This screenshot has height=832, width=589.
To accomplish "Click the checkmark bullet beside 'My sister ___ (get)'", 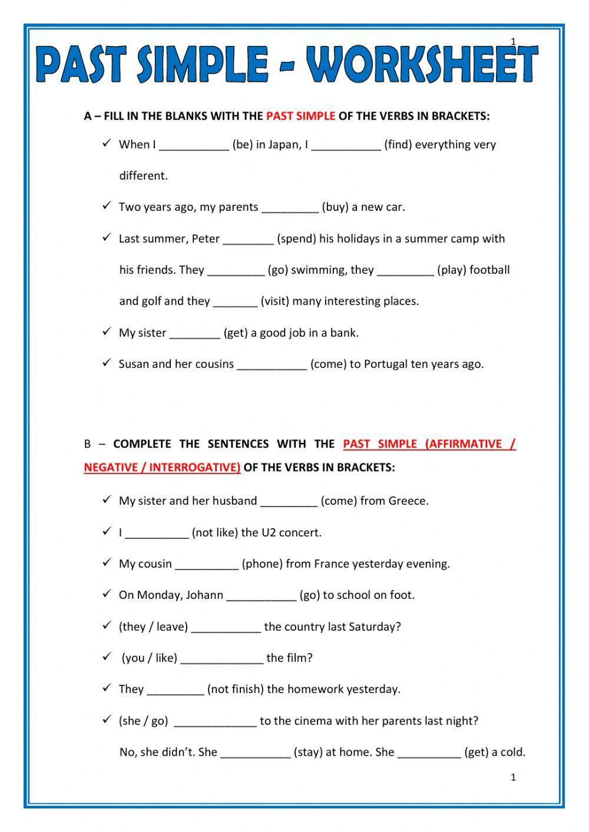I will tap(107, 332).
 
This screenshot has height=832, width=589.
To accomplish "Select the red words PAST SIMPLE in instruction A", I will tap(300, 116).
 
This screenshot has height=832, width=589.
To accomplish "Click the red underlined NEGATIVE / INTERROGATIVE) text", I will tap(162, 468).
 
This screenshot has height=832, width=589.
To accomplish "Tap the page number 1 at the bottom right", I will tap(513, 777).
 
